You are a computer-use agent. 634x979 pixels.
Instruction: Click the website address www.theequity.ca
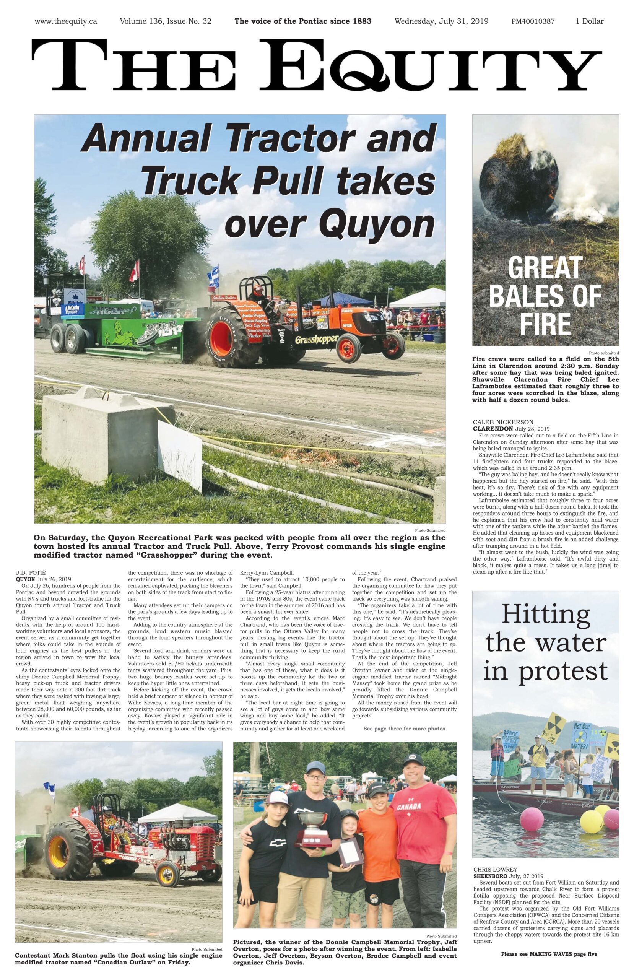coord(66,21)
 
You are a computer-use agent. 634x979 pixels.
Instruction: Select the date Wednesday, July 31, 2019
coord(441,21)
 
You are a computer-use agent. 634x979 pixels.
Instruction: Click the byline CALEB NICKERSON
coord(503,422)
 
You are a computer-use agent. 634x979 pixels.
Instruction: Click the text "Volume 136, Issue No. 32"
coord(166,21)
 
